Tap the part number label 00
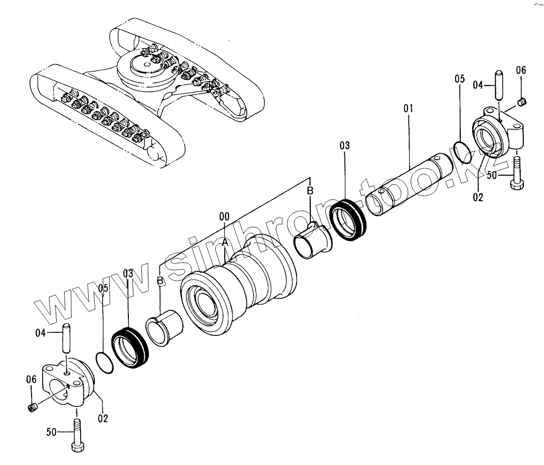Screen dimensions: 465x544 pyautogui.click(x=225, y=217)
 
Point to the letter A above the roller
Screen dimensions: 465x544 pyautogui.click(x=225, y=242)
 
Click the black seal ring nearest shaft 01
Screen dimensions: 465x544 pyautogui.click(x=349, y=219)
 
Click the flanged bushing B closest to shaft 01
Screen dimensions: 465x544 pyautogui.click(x=314, y=240)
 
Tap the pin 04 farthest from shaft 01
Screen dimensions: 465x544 pyautogui.click(x=65, y=338)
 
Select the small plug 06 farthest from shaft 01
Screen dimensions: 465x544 pyautogui.click(x=33, y=408)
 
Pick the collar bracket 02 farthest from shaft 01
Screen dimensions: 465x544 pyautogui.click(x=68, y=383)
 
